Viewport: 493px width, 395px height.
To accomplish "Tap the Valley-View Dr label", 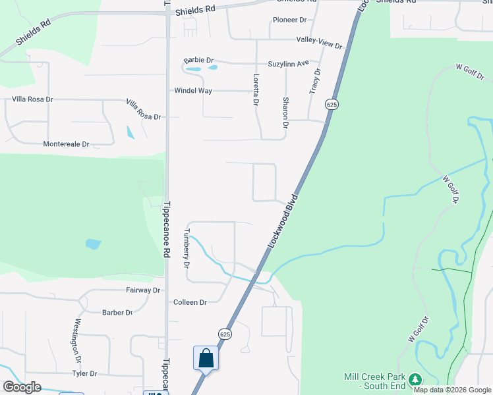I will pos(319,43).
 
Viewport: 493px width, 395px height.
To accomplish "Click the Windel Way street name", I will pos(193,91).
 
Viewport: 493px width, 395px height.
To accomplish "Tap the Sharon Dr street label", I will pos(285,112).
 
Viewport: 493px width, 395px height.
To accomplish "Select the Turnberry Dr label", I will pos(187,248).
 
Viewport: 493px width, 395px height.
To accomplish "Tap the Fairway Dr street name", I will pos(143,290).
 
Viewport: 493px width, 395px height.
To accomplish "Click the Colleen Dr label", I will pos(190,302).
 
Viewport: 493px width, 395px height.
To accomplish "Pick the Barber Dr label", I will pos(117,313).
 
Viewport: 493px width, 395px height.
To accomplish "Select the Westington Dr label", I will pos(77,341).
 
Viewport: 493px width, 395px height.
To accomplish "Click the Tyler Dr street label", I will pos(84,373).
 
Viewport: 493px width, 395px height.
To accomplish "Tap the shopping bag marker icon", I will pos(206,358).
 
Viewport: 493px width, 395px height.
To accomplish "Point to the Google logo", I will pos(22,387).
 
